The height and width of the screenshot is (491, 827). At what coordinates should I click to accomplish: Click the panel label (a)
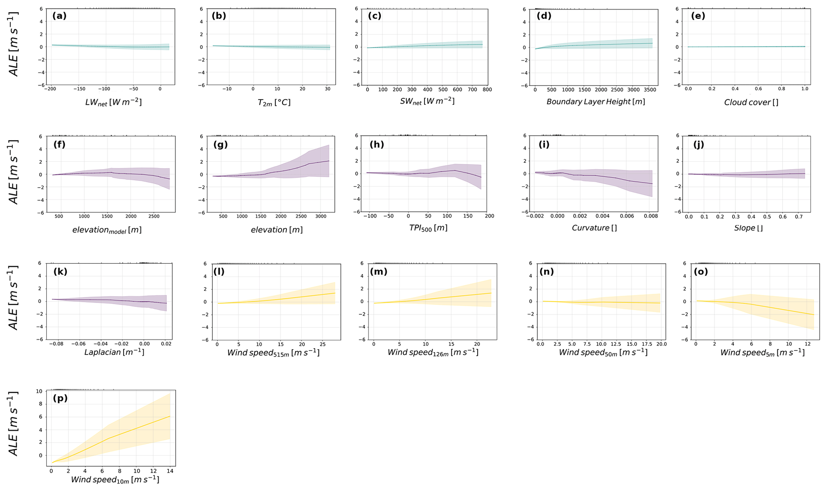coord(59,16)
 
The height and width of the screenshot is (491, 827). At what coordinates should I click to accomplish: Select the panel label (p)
coord(60,398)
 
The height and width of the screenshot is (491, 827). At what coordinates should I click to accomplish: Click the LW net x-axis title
coord(113,102)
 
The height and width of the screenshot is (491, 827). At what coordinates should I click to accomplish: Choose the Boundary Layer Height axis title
coord(595,102)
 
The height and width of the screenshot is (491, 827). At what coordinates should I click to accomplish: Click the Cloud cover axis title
coord(751,102)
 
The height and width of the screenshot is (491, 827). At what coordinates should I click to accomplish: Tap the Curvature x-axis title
coord(594,228)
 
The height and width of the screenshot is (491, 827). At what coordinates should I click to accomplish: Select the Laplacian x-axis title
coord(114,353)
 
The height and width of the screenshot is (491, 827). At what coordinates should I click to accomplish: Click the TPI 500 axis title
coord(428,228)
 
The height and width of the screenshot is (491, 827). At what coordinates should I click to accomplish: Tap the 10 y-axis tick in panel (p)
coord(39,391)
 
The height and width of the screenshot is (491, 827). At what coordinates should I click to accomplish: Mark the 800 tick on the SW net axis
coord(487,89)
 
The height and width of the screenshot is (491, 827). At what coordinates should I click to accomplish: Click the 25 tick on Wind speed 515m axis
coord(322,344)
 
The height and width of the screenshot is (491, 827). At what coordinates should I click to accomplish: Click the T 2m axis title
coord(274,102)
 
